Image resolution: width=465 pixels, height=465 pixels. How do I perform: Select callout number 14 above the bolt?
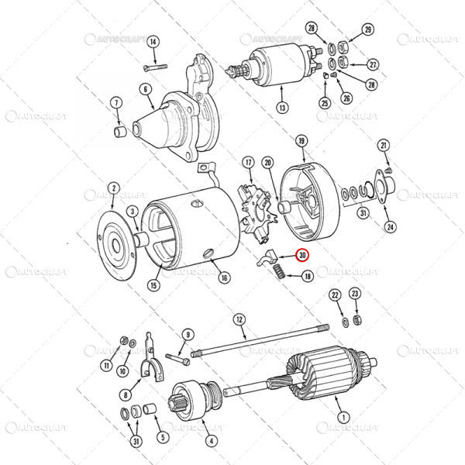(x=153, y=41)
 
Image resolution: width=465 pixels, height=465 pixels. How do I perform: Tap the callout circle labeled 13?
(x=282, y=108)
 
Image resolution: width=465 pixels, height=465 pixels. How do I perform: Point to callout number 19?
(x=302, y=140)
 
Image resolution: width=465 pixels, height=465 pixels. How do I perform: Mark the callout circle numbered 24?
(x=390, y=227)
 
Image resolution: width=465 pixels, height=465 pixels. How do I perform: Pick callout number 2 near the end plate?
(x=113, y=187)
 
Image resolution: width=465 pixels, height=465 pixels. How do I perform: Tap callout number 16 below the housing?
(x=224, y=277)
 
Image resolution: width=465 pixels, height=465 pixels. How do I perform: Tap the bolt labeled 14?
(x=155, y=67)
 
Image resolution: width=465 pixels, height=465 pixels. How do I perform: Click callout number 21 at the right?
(x=383, y=145)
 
